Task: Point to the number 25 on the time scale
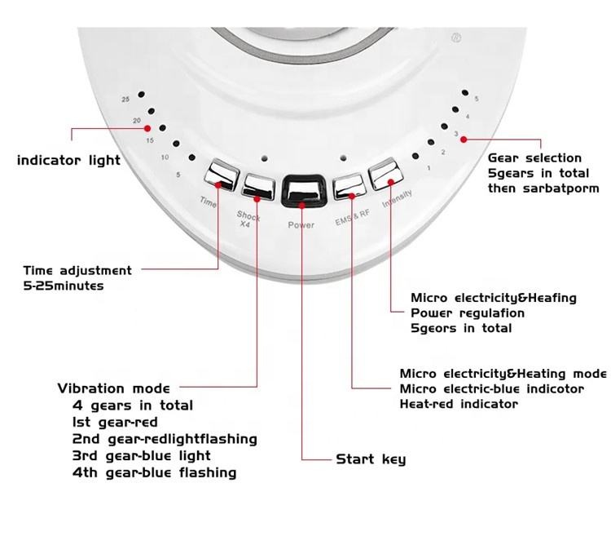pos(125,100)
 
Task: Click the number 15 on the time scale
pos(150,140)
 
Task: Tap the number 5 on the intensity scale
pos(477,99)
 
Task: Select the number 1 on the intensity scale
pos(429,168)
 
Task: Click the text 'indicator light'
pos(68,161)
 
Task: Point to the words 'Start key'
pos(371,459)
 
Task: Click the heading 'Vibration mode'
pos(113,388)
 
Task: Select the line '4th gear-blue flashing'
pos(154,472)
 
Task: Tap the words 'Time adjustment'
pos(77,270)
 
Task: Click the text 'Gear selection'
pos(534,157)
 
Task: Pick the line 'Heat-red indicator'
pos(459,404)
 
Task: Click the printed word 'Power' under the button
pos(301,225)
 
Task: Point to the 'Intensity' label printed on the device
pos(397,208)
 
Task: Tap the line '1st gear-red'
pos(115,423)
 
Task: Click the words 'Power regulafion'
pos(467,313)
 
